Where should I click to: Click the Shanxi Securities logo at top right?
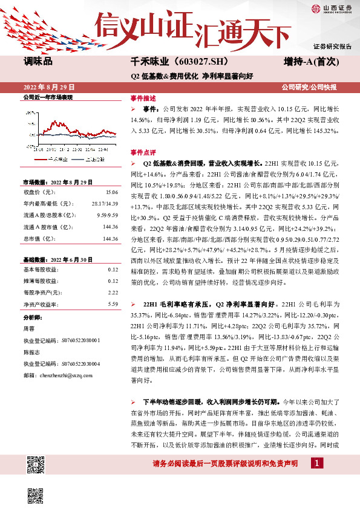[x=332, y=8]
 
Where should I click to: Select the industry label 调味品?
[x=39, y=62]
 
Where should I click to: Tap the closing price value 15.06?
[x=111, y=192]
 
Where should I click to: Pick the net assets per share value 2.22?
[x=113, y=292]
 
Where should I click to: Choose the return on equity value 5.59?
[x=113, y=304]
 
